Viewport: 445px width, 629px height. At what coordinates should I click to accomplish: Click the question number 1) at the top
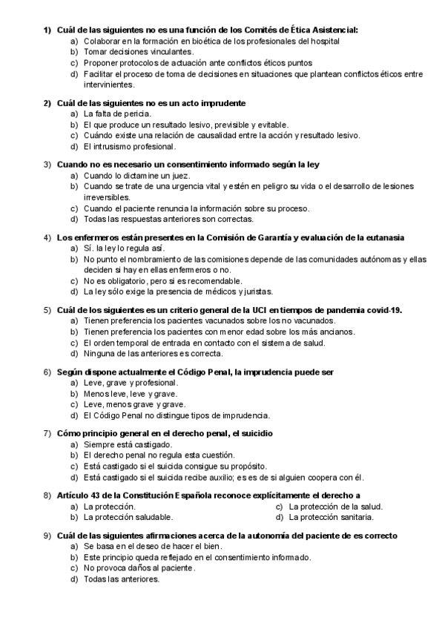[47, 30]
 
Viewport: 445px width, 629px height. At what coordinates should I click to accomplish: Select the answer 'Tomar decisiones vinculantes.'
[128, 53]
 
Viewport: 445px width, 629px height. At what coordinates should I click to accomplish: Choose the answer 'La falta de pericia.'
[117, 113]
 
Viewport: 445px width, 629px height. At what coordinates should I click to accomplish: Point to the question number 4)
[47, 237]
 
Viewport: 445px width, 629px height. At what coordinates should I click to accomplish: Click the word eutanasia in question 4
[383, 237]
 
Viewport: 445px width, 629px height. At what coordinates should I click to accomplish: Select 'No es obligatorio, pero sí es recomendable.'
[163, 281]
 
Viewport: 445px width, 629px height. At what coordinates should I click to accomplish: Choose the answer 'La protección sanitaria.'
[331, 516]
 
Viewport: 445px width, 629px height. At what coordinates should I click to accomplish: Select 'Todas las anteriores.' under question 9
[122, 579]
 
